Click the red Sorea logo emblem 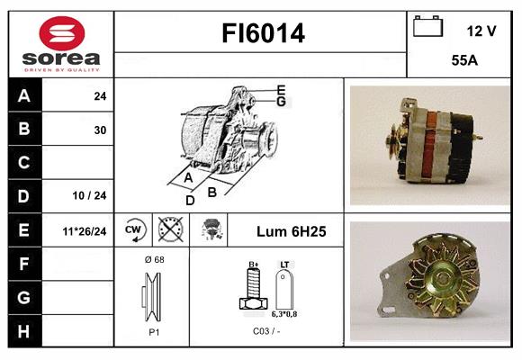coord(62,33)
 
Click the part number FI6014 coord(263,33)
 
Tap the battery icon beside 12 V coord(427,26)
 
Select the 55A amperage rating coord(464,60)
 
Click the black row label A coord(24,96)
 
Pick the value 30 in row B coord(100,130)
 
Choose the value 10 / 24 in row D coord(89,195)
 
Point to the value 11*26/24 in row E coord(85,231)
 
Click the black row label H coord(24,331)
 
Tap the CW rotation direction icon coord(133,229)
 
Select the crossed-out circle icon coord(170,229)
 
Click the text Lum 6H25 coord(292,231)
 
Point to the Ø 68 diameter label coord(155,259)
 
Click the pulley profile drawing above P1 coord(152,297)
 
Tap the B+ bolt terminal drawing coord(253,288)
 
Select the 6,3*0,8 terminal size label coord(284,314)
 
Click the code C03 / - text coord(266,331)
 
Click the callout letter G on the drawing coord(281,102)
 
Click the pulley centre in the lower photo coord(441,278)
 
